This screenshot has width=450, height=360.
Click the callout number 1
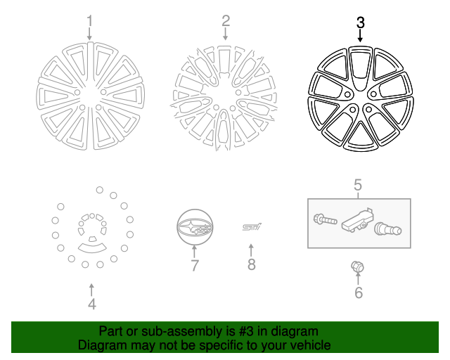pyautogui.click(x=89, y=20)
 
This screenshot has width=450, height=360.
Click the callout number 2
pyautogui.click(x=226, y=20)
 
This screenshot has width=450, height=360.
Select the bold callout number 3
pyautogui.click(x=361, y=22)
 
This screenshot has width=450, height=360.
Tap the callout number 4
pyautogui.click(x=91, y=304)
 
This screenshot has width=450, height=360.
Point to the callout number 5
pyautogui.click(x=358, y=186)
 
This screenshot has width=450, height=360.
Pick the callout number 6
pyautogui.click(x=358, y=292)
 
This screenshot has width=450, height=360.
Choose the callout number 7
pyautogui.click(x=195, y=265)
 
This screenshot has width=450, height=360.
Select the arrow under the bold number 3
pyautogui.click(x=361, y=35)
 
